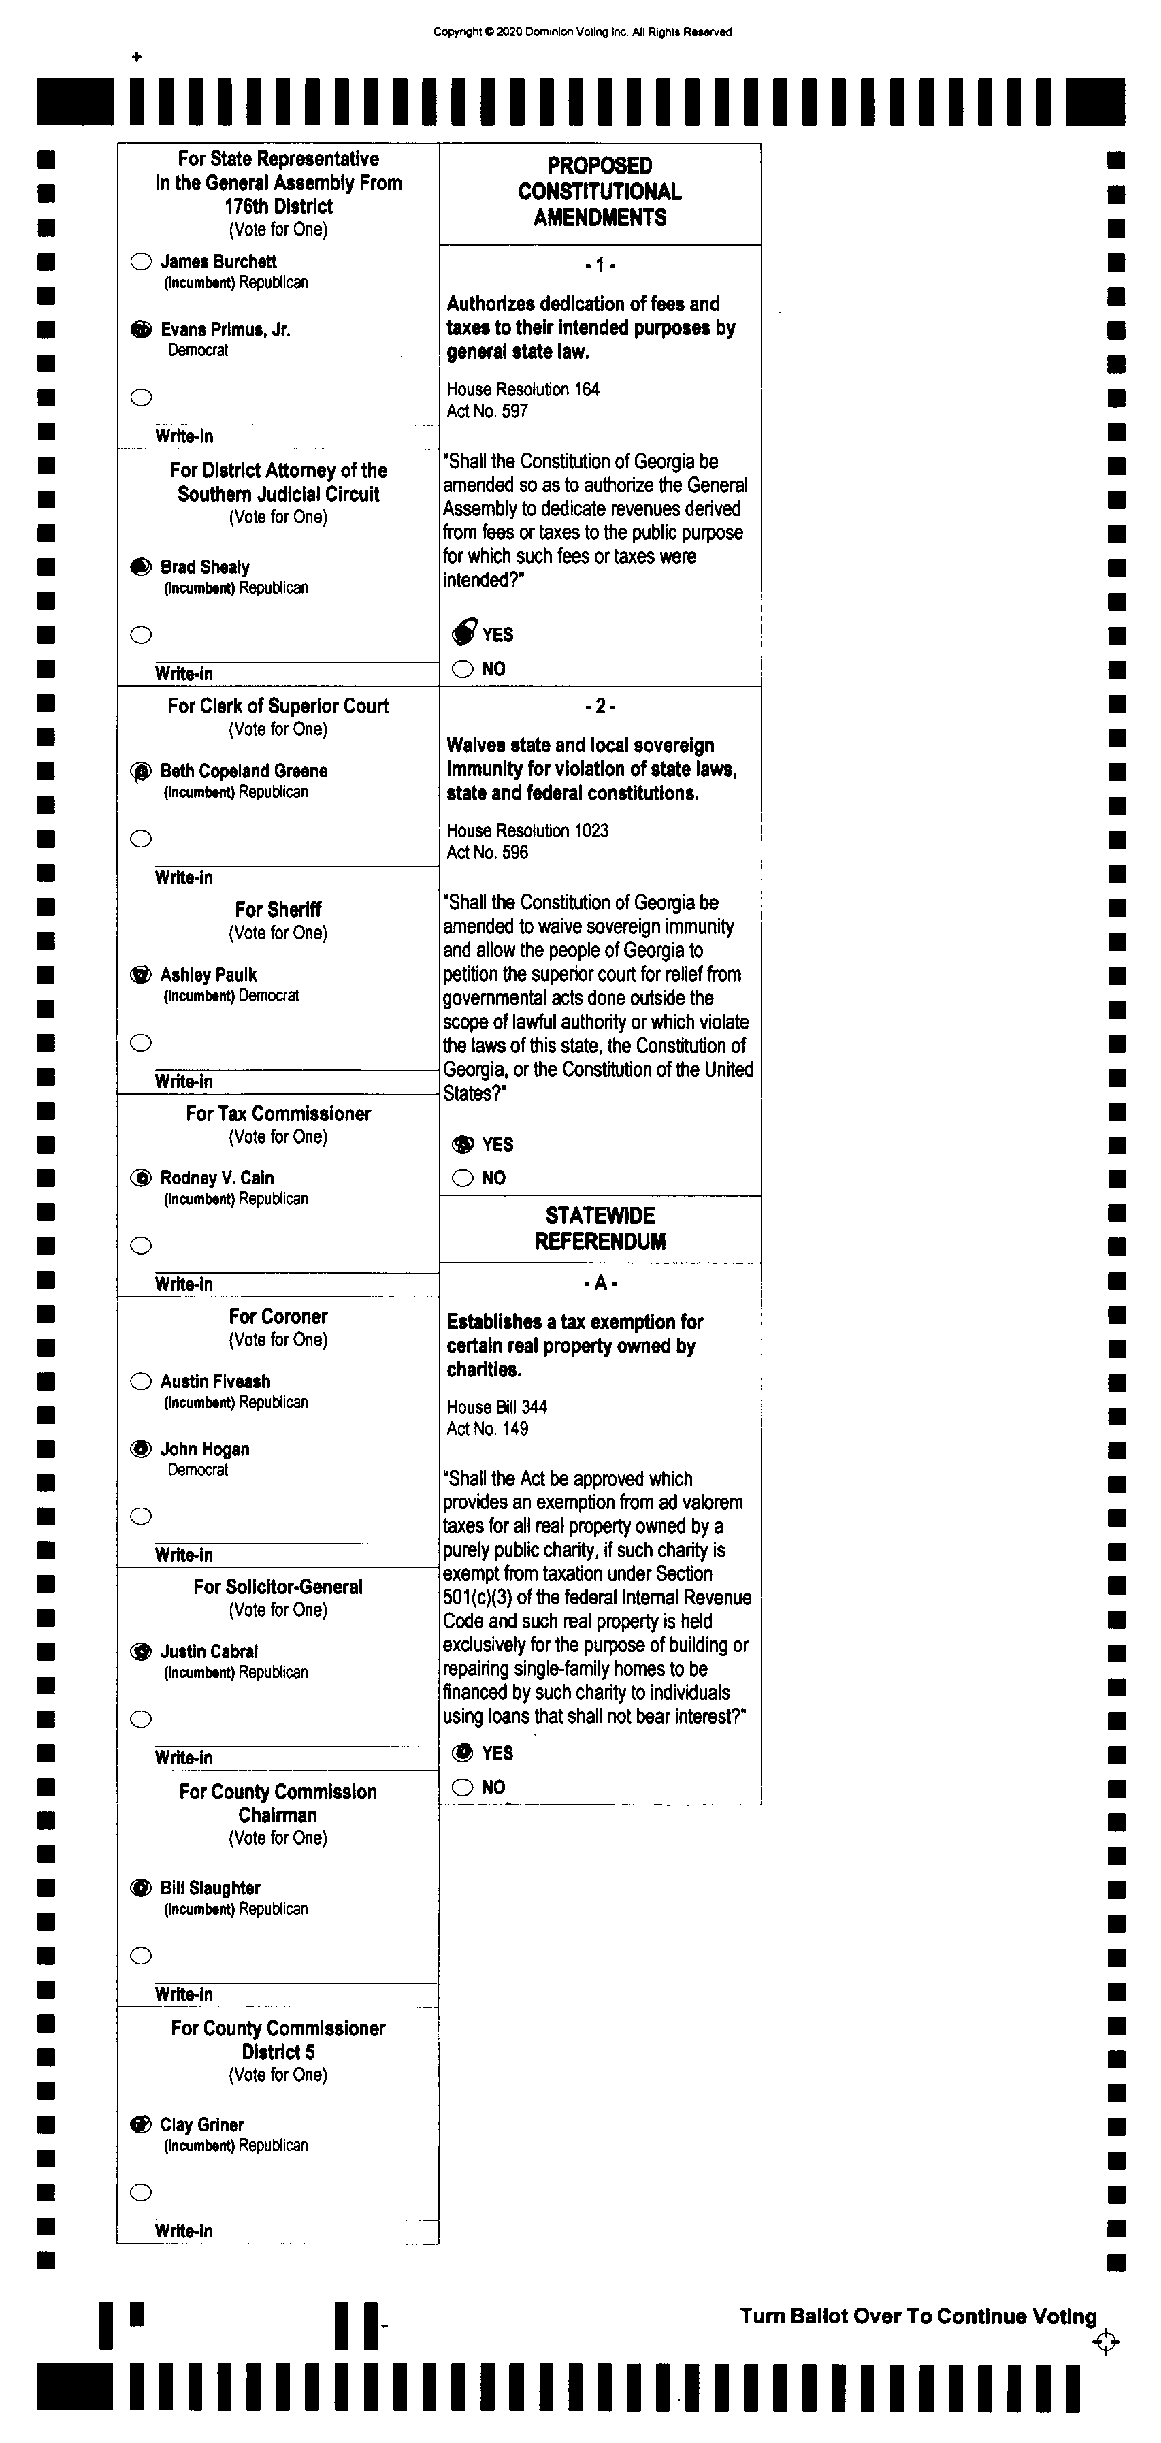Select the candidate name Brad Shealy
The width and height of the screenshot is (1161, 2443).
pos(205,567)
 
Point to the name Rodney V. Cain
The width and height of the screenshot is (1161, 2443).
pos(217,1178)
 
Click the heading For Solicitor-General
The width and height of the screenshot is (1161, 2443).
pos(278,1587)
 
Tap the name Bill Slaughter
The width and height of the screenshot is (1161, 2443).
pos(210,1888)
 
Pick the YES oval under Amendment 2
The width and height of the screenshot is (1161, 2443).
pos(463,1145)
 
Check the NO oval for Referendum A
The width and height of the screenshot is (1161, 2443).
pos(463,1787)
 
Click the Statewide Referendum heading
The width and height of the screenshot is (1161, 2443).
pos(600,1228)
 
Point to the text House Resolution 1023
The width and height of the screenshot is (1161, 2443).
pos(527,830)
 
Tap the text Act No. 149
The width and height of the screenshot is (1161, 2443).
pos(487,1429)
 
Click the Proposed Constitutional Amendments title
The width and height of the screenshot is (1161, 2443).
pos(600,191)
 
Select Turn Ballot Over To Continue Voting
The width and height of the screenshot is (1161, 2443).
pos(918,2316)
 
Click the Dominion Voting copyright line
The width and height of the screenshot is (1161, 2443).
pos(583,32)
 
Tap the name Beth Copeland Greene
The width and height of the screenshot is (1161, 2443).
pos(244,771)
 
